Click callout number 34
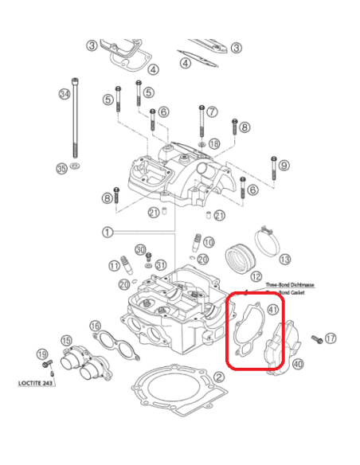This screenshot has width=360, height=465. point(65,94)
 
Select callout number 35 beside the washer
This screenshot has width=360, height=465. point(61,168)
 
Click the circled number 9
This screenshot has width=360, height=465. point(284,166)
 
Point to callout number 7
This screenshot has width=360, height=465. point(212,112)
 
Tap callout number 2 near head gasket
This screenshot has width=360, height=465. point(218,377)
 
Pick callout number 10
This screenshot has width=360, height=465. point(208,241)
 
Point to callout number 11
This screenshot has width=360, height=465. point(114,265)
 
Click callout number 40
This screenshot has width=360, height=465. point(298,365)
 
